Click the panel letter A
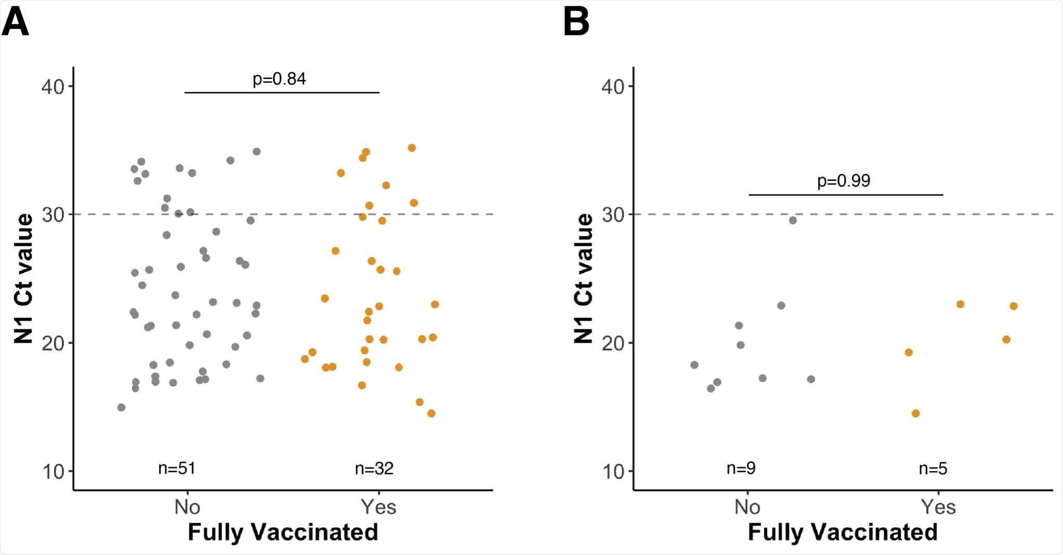tap(16, 23)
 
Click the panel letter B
tap(576, 23)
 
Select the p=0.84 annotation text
tap(279, 79)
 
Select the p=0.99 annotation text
tap(844, 181)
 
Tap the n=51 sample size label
tap(177, 468)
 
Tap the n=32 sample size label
tap(374, 468)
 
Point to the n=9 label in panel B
tap(741, 468)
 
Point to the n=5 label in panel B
tap(933, 468)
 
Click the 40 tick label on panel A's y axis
tap(53, 86)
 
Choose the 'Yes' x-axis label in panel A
tap(379, 507)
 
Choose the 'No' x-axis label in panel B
tap(747, 507)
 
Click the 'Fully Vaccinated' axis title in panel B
tap(842, 532)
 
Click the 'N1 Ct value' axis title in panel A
tap(24, 279)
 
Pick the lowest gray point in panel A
tap(121, 407)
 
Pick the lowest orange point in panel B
tap(916, 414)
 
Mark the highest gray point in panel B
tap(793, 220)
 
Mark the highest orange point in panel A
tap(412, 148)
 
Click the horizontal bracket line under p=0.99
tap(846, 195)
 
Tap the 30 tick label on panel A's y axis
tap(53, 215)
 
